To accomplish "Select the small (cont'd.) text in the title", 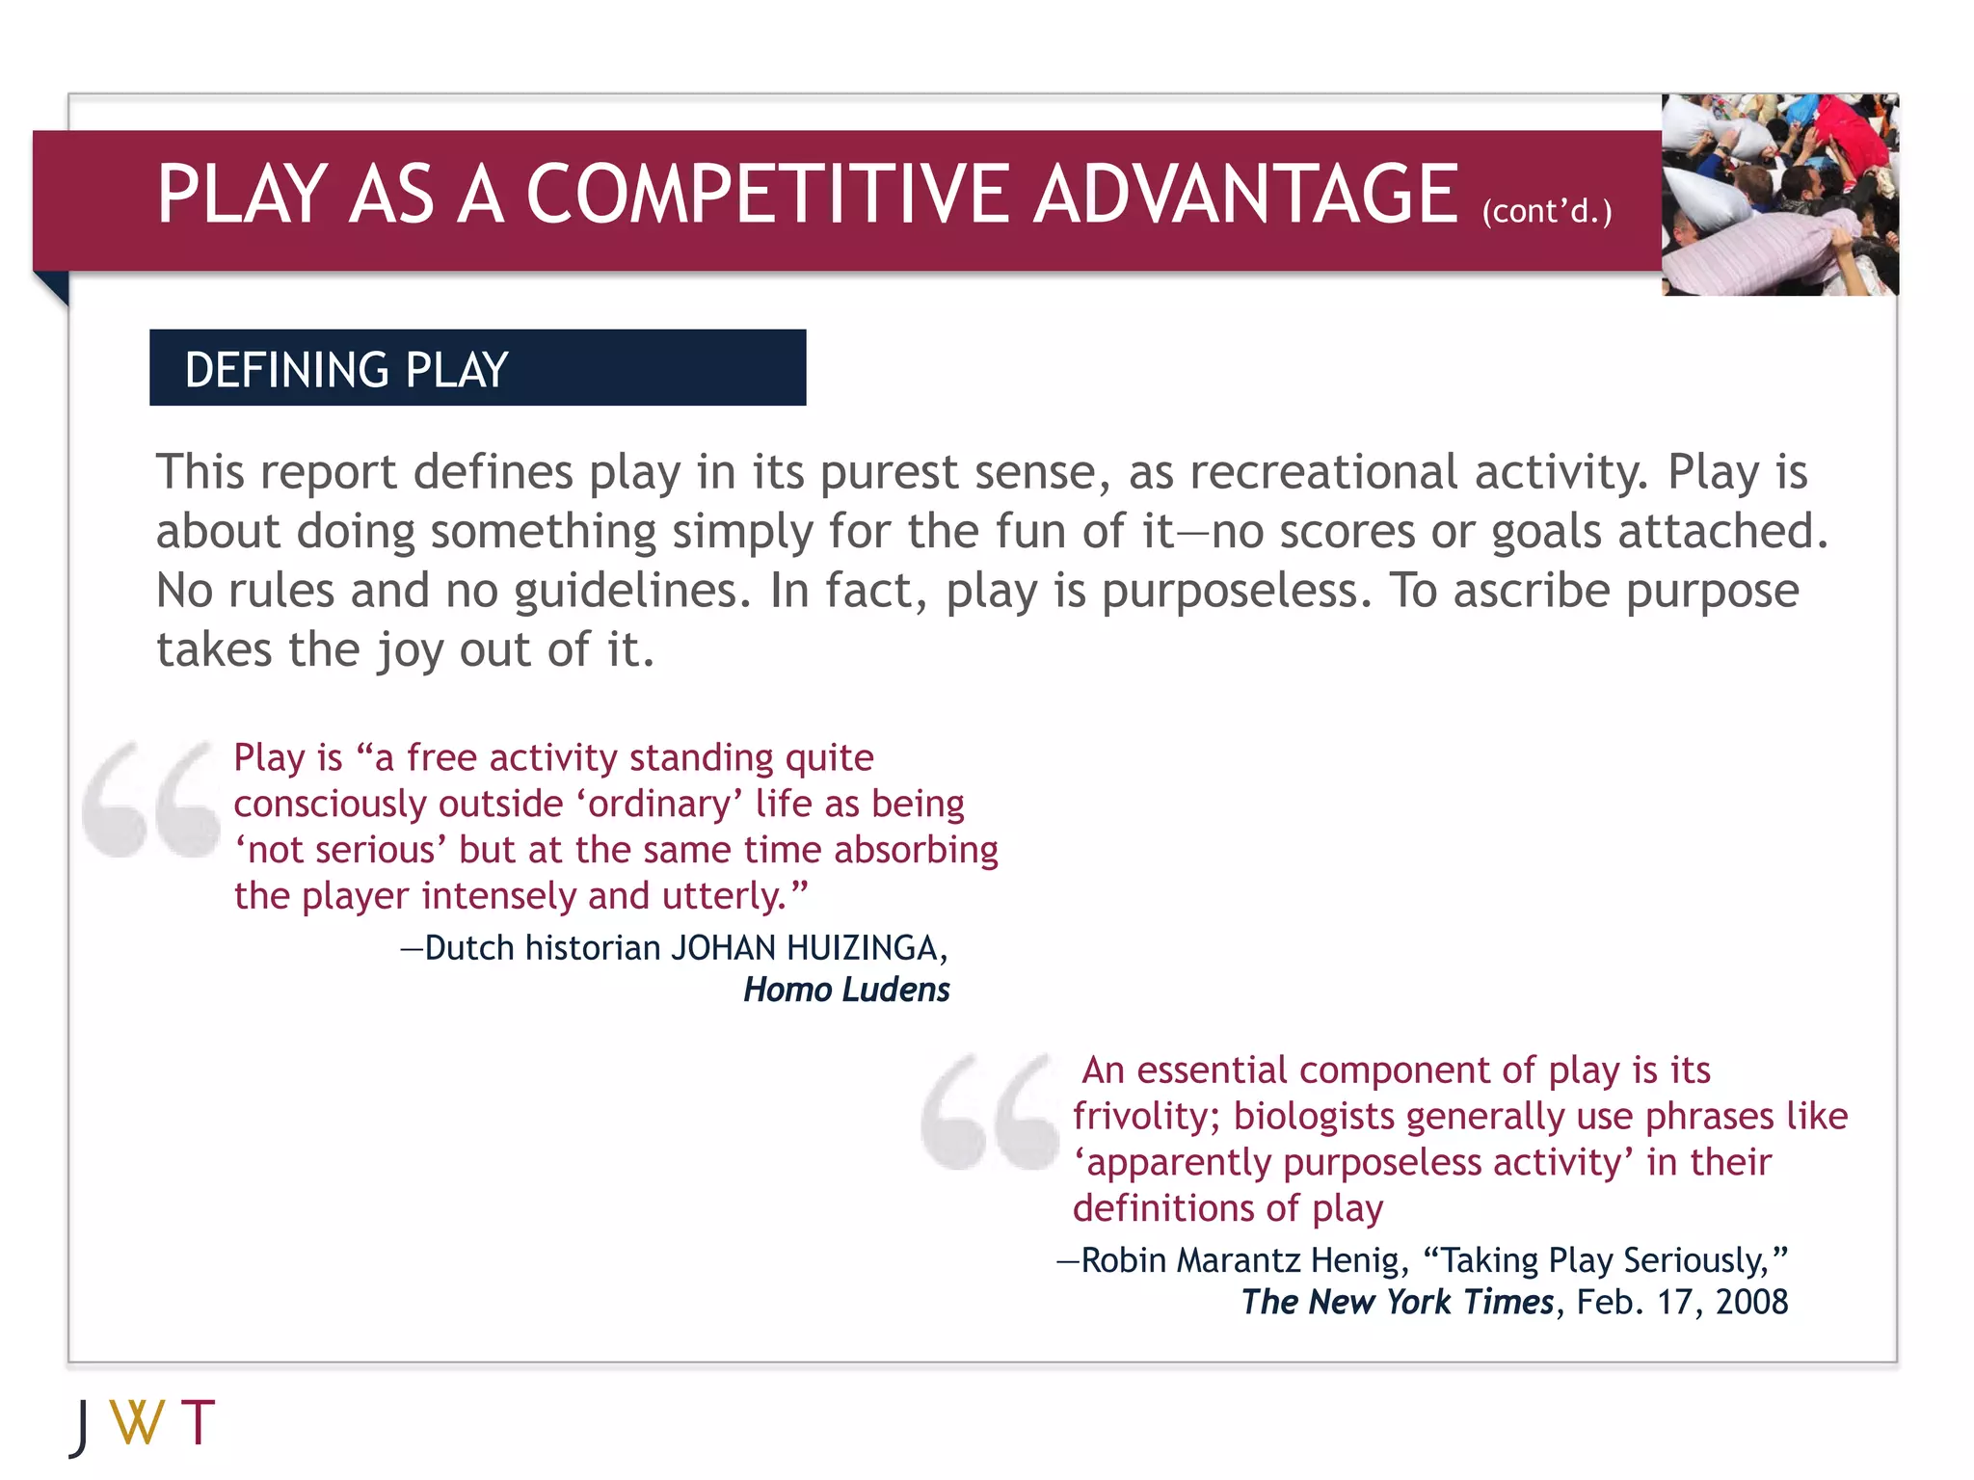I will click(x=1546, y=211).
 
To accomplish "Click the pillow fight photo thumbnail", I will click(x=1779, y=195).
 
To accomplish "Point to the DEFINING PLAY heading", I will click(x=346, y=370).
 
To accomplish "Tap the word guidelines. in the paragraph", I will click(x=632, y=591).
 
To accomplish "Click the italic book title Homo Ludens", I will click(x=846, y=990).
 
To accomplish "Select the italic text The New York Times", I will click(x=1397, y=1302).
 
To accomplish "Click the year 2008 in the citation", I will click(x=1751, y=1302).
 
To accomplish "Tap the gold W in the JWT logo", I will click(x=137, y=1423).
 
